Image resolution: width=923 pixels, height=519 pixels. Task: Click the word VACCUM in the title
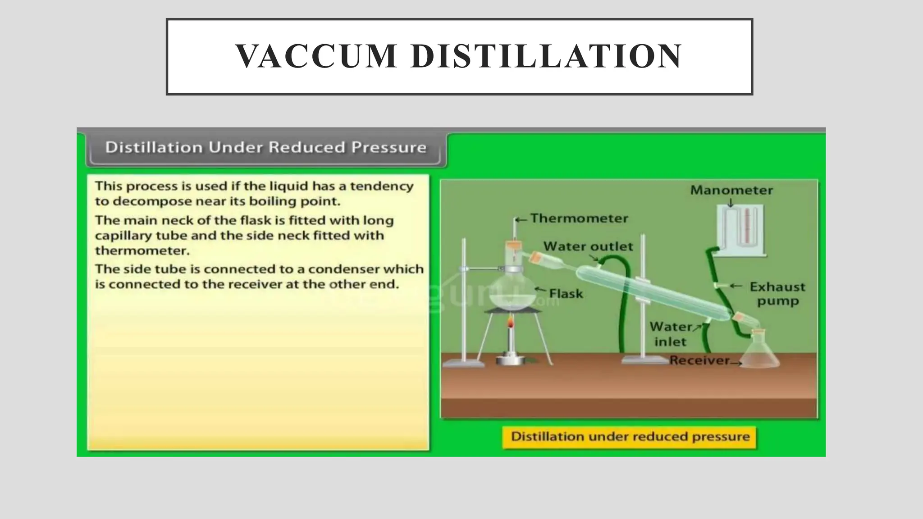pos(315,56)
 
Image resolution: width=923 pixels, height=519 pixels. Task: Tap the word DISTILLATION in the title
pos(546,56)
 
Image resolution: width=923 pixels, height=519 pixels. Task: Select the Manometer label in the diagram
pos(731,190)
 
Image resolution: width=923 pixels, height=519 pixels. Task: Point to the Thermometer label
pos(579,219)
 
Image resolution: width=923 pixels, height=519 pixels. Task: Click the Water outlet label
pos(588,246)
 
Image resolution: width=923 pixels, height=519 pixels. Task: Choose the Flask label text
pos(566,294)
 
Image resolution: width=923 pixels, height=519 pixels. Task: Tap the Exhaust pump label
pos(777,294)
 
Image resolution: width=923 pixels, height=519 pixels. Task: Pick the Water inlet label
pos(671,334)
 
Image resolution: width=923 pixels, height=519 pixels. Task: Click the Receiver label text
pos(699,360)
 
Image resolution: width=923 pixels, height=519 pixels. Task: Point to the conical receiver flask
pos(760,353)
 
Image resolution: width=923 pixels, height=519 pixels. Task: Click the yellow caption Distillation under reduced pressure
pos(630,437)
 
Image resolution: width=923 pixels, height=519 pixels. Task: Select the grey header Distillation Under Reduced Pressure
pos(265,147)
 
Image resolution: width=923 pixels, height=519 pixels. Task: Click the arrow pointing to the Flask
pos(540,290)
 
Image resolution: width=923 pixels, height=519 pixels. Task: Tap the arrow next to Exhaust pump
pos(736,286)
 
